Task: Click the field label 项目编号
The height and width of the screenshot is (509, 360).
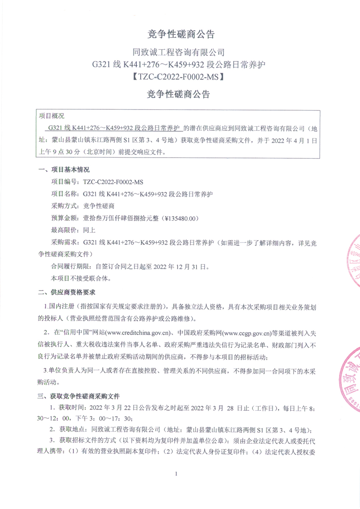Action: click(x=64, y=182)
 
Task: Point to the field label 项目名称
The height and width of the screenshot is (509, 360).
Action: click(x=64, y=194)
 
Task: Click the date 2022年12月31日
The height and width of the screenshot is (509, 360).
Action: click(x=183, y=267)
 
